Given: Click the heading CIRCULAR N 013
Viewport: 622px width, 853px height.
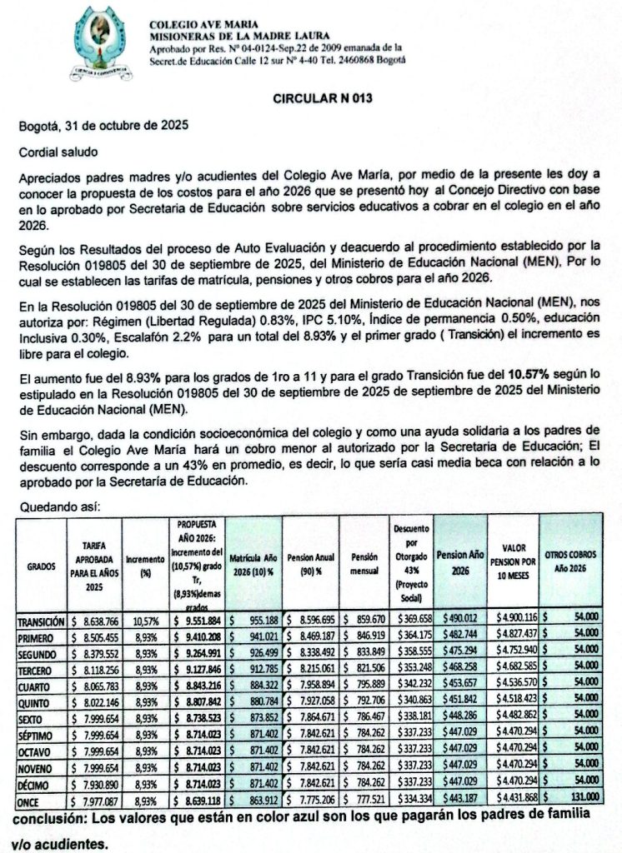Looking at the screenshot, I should pyautogui.click(x=322, y=98).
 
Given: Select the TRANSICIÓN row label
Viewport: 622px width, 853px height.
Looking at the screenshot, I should pyautogui.click(x=40, y=621).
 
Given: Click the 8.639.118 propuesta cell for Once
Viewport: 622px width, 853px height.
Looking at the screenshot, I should pyautogui.click(x=198, y=799).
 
